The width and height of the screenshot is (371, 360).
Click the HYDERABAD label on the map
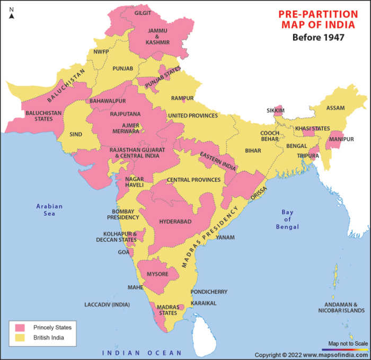click(175, 222)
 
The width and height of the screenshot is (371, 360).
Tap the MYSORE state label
click(157, 274)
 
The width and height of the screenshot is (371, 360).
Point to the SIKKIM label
click(276, 111)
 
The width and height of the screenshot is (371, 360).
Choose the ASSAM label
click(335, 108)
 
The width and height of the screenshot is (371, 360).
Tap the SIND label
click(76, 134)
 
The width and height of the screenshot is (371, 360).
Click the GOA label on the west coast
click(123, 252)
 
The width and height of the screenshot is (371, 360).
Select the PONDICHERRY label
click(209, 292)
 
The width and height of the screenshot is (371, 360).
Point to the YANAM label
click(225, 237)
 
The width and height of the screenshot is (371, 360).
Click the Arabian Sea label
click(49, 210)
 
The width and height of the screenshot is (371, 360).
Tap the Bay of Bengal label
click(287, 219)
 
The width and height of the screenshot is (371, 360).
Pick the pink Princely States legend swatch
click(21, 328)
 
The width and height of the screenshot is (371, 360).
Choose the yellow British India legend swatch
click(21, 337)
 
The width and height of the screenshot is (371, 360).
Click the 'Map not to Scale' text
click(348, 344)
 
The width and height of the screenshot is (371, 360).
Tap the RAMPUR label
click(182, 98)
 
